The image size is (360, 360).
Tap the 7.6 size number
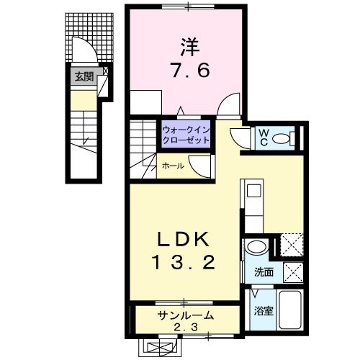[186, 73]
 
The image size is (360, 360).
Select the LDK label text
[184, 238]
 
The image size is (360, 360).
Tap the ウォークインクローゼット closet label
[186, 135]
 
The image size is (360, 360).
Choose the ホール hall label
[172, 166]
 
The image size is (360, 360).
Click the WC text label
[262, 137]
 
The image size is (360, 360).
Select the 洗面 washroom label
[264, 273]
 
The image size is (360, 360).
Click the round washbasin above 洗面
[255, 248]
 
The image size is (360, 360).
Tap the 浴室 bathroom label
[263, 311]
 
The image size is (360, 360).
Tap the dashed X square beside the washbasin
[290, 245]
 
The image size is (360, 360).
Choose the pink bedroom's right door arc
[229, 107]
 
